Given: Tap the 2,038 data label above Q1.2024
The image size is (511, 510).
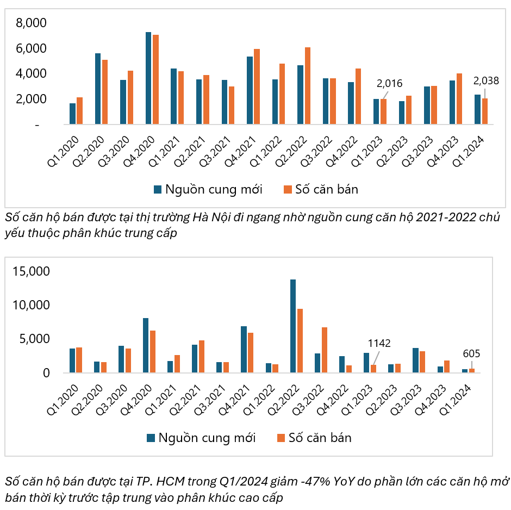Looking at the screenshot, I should tap(486, 81).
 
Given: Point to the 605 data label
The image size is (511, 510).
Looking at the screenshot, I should tap(471, 354).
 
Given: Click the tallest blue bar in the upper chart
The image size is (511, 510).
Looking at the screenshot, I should tap(148, 79).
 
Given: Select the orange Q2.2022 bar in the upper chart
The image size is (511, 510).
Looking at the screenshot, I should tap(308, 86).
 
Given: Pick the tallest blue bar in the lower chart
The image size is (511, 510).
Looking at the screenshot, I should tap(293, 326).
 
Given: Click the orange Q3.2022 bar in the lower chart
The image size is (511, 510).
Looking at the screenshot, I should tap(325, 350).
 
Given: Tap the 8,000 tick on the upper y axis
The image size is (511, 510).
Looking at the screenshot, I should tap(32, 23).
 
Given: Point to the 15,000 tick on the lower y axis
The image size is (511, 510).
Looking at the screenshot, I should tap(31, 271).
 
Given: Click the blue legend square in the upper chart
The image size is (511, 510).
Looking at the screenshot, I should tap(158, 189).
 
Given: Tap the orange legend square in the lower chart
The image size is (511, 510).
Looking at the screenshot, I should tap(281, 438).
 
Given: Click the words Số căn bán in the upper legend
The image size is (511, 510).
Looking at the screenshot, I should tap(327, 189).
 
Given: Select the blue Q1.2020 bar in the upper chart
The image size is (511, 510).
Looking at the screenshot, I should tap(73, 114).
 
